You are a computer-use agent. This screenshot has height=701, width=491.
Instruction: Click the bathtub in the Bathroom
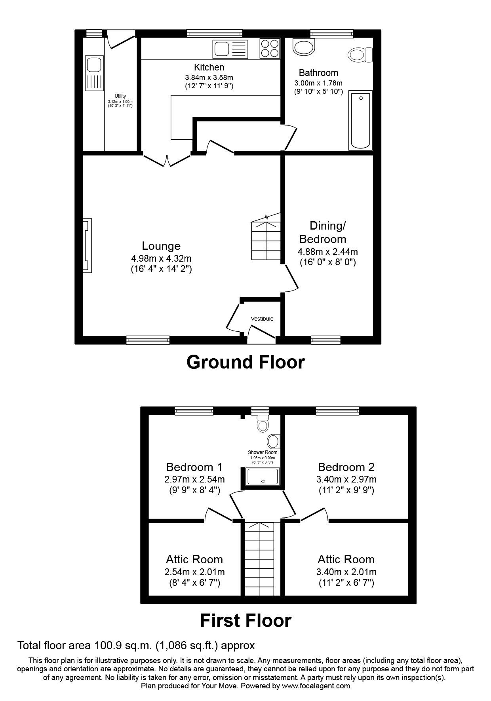tap(360, 120)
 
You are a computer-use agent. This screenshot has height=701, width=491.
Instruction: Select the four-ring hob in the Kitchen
tap(270, 48)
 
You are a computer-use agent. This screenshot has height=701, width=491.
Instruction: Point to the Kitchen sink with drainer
tap(230, 49)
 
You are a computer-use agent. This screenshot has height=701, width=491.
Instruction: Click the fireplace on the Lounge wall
tap(87, 245)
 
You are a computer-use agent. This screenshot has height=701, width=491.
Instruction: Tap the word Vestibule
tap(262, 319)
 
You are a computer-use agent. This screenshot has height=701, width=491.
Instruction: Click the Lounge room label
tap(161, 246)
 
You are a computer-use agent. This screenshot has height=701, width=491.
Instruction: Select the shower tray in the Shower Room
tap(263, 476)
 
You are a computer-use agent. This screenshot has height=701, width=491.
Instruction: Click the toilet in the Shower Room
tap(263, 423)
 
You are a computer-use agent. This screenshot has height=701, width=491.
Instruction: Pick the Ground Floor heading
tap(246, 362)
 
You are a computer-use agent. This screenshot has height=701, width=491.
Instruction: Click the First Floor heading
tap(246, 620)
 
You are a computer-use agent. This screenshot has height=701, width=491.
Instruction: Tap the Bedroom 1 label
tap(194, 467)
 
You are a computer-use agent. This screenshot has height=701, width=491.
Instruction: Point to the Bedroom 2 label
tap(346, 467)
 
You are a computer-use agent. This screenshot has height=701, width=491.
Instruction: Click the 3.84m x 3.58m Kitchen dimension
tap(209, 77)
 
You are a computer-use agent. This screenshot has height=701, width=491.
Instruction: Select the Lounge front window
tap(148, 339)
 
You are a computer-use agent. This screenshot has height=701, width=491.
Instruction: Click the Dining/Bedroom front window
tap(325, 339)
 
